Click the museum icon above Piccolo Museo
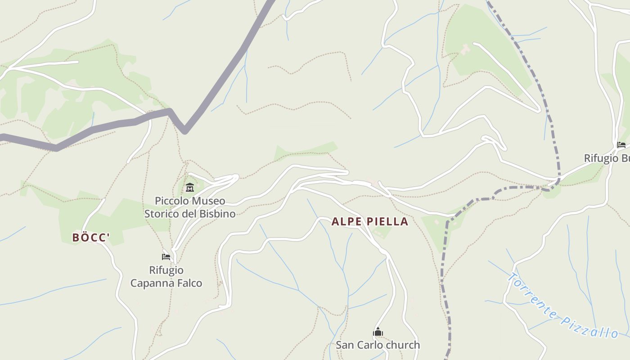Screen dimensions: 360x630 (189, 187)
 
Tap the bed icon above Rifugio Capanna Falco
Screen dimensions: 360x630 (166, 257)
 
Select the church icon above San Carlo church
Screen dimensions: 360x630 (378, 333)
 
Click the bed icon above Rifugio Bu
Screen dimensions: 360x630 (621, 145)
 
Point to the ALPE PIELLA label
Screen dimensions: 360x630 (370, 221)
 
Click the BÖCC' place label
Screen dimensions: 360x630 (90, 237)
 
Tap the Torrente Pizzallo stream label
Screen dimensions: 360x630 (562, 306)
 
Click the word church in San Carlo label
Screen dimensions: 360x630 (404, 345)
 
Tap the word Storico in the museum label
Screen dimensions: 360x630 (161, 214)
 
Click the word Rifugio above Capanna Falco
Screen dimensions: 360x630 (166, 270)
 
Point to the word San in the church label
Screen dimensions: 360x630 (345, 345)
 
